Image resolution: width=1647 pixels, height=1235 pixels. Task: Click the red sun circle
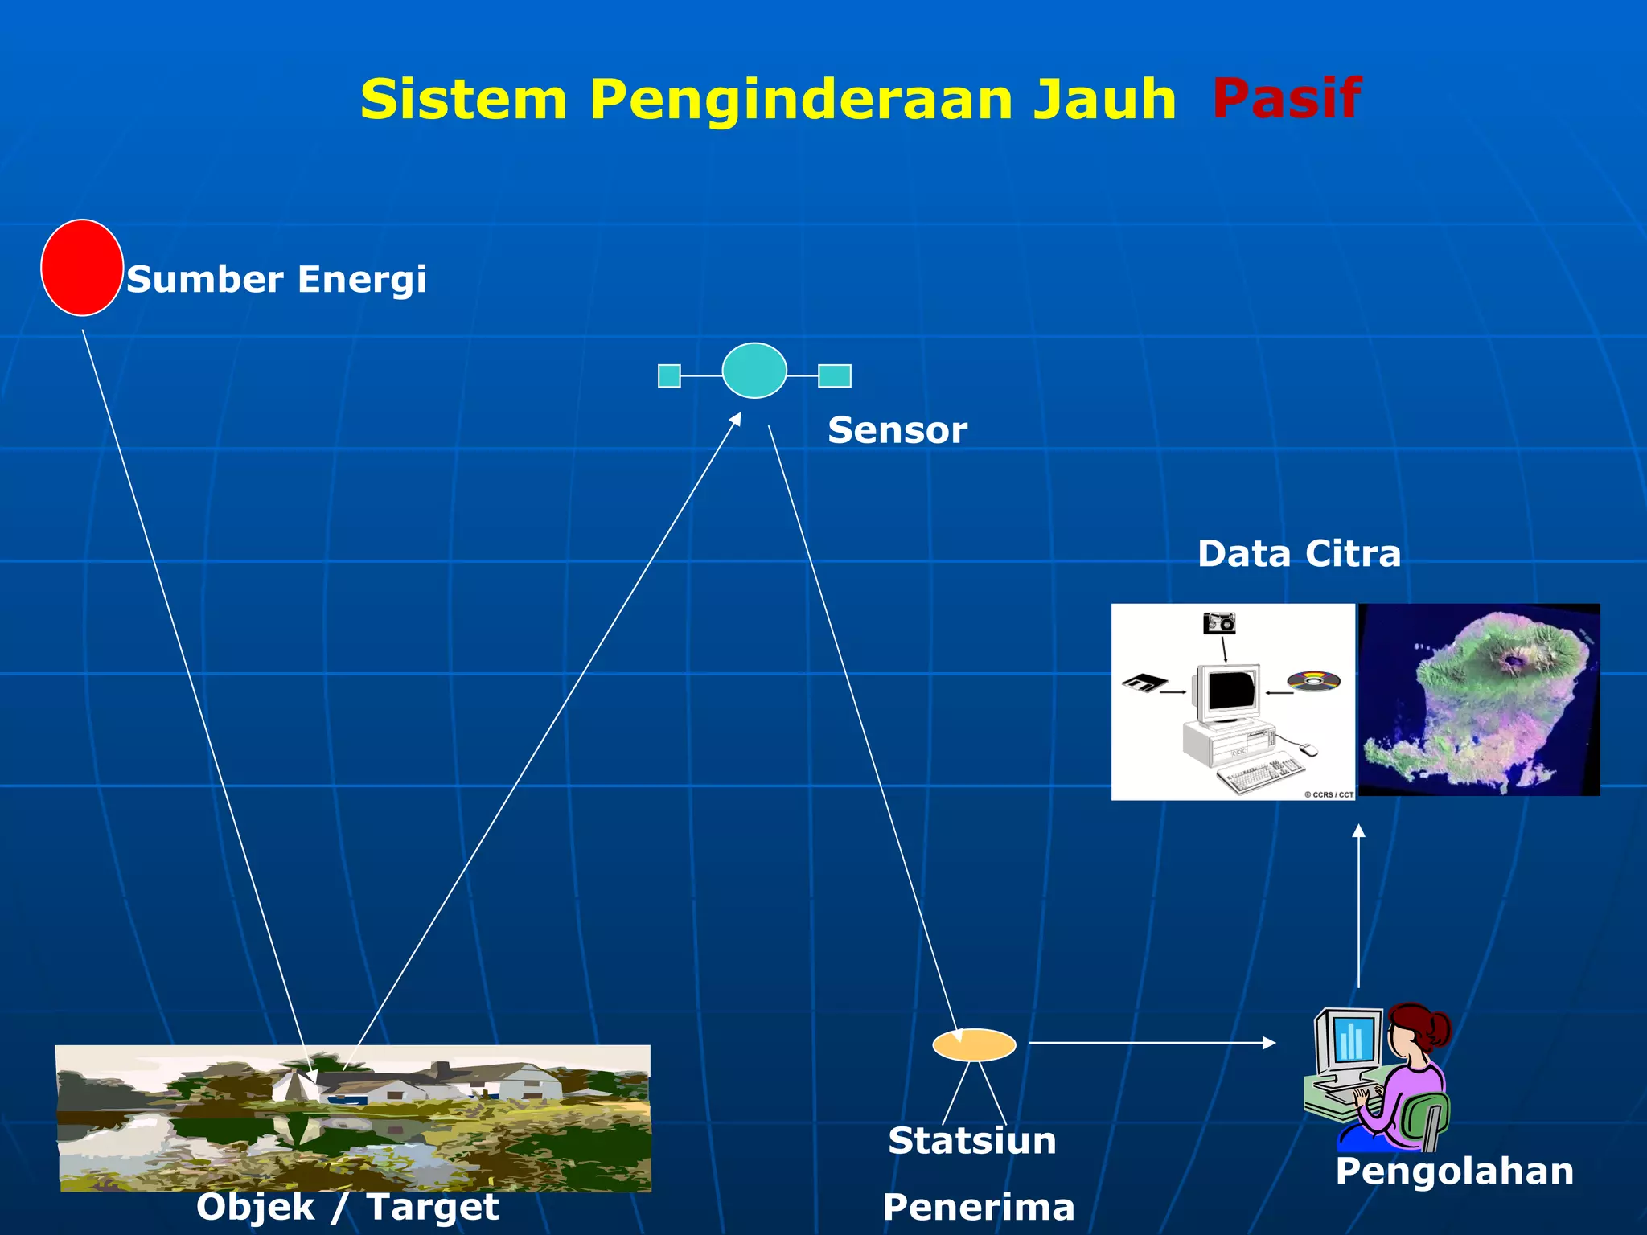81,268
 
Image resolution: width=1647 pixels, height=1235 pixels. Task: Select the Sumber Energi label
276,280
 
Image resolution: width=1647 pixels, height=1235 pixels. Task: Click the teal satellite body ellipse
754,371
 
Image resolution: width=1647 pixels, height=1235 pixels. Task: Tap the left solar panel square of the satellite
669,375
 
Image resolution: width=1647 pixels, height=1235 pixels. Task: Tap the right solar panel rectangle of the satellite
835,375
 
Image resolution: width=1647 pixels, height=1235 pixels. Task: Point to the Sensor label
897,430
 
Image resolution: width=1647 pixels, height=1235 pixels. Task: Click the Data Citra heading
1298,554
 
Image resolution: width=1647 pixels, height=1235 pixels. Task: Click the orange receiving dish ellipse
974,1044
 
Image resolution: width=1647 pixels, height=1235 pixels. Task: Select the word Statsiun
971,1141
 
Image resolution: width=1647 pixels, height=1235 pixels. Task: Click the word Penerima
978,1207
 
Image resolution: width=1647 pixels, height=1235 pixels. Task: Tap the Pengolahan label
1454,1171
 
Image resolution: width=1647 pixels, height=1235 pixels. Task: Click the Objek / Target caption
347,1207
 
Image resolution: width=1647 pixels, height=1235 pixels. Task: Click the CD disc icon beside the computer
1313,682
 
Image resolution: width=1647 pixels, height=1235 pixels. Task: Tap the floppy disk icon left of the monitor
1144,683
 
